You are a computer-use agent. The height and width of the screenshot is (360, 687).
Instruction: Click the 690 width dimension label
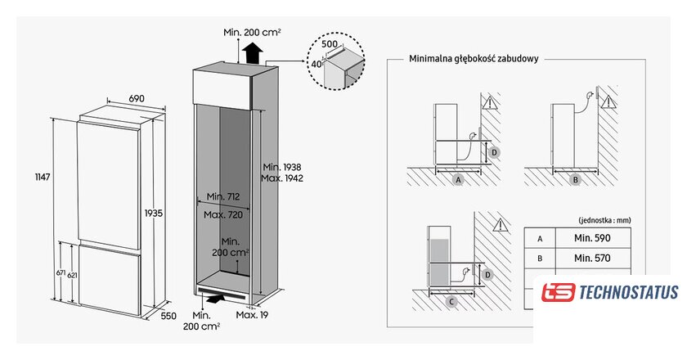pos(137,98)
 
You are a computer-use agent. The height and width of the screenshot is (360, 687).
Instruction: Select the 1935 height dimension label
pos(153,212)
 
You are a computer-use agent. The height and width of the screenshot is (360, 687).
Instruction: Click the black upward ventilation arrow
pos(252,55)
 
